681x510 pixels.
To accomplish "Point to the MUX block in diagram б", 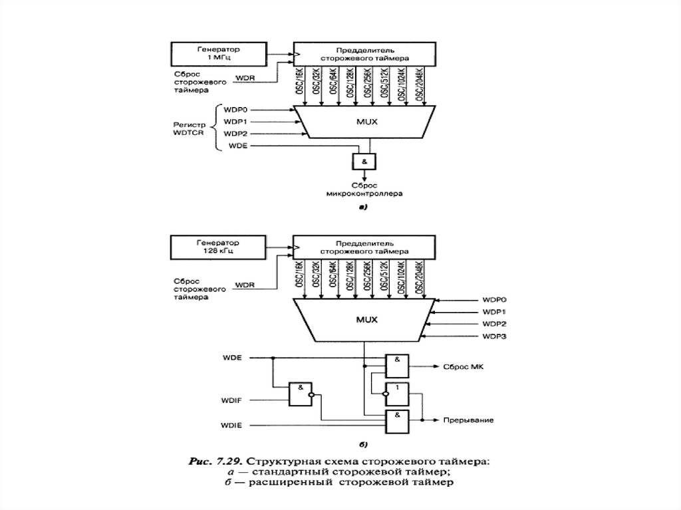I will click(364, 319).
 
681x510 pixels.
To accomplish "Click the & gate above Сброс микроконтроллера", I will click(364, 161).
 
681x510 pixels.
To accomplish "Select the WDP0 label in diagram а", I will click(235, 109).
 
